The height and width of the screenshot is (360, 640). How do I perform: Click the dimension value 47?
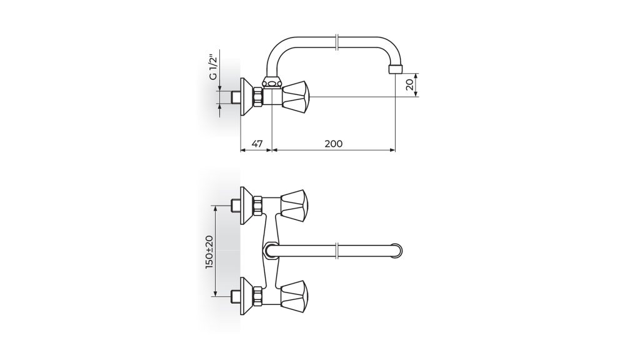pos(257,144)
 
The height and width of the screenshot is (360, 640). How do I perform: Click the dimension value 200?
pos(334,144)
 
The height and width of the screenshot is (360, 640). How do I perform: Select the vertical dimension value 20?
pos(411,84)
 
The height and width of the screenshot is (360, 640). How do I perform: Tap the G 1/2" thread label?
pos(214,67)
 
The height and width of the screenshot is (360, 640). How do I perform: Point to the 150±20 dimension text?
pos(209,252)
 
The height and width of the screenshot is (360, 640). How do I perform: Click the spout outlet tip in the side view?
pos(395,69)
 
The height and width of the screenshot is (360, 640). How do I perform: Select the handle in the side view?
pos(297,97)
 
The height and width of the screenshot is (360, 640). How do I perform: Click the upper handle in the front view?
pos(293,206)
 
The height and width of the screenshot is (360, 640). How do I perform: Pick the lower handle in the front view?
pos(293,297)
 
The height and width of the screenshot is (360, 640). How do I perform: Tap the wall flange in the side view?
pos(246,97)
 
